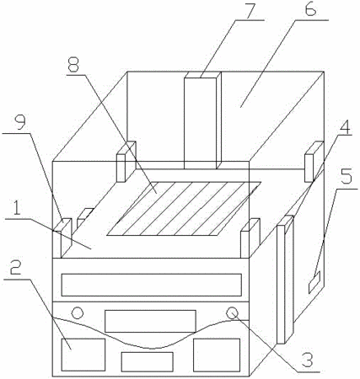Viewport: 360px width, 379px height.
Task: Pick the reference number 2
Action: coord(16,270)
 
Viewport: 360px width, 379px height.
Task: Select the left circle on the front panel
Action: coord(78,312)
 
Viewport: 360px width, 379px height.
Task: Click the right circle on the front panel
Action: coord(232,312)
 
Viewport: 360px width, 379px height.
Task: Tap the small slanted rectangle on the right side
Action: coord(314,282)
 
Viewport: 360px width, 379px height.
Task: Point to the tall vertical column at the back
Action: coord(202,120)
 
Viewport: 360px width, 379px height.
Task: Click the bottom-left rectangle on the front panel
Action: coord(83,355)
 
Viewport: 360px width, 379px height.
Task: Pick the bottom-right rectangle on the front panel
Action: coord(217,355)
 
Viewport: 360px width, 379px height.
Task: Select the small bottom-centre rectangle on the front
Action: coord(147,362)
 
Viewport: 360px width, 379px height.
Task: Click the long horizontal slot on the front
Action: coord(152,285)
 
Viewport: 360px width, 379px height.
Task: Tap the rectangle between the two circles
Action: coord(150,321)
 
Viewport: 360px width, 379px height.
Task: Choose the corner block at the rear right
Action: coord(314,162)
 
